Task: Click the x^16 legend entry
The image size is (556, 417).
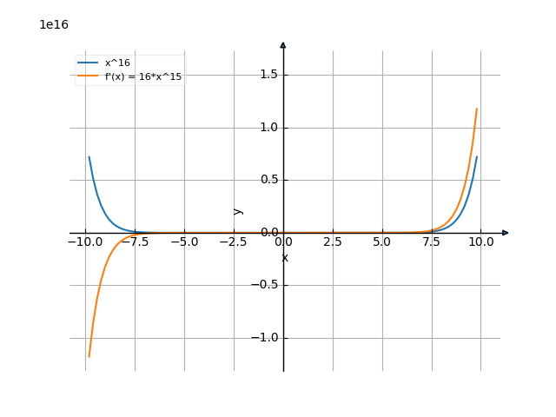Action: tap(117, 63)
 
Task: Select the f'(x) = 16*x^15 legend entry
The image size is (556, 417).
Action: tap(143, 76)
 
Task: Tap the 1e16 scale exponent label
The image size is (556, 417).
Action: tap(54, 24)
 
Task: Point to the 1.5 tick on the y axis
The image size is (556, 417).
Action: tap(268, 75)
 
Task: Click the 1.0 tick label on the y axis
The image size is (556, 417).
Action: tap(268, 128)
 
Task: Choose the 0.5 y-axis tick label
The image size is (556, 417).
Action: tap(268, 180)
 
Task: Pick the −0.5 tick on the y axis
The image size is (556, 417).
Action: tap(266, 285)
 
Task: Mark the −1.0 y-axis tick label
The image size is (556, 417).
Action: tap(266, 337)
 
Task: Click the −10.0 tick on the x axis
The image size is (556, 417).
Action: tap(85, 242)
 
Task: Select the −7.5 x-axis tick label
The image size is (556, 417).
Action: tap(135, 242)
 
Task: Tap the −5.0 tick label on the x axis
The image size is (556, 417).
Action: tap(184, 242)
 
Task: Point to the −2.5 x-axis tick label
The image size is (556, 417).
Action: tap(234, 242)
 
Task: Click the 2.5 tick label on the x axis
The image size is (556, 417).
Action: tap(333, 242)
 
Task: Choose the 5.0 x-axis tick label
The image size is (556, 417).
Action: tap(382, 242)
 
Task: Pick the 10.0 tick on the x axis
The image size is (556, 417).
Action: tap(481, 242)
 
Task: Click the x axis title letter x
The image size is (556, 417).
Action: tap(284, 257)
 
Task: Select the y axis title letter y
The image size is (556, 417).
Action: tap(238, 210)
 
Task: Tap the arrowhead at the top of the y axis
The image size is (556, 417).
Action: tap(283, 44)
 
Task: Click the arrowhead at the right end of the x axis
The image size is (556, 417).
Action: tap(505, 233)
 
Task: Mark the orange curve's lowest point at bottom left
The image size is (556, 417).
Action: tap(89, 357)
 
